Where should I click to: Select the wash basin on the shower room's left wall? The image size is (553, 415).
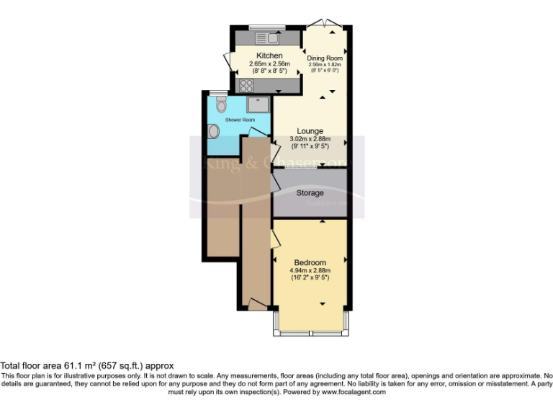pyautogui.click(x=214, y=131)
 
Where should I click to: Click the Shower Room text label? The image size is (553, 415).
pyautogui.click(x=240, y=120)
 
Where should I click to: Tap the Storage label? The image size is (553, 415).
pyautogui.click(x=310, y=193)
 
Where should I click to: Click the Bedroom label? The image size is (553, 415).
pyautogui.click(x=310, y=262)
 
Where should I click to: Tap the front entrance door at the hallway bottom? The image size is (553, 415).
pyautogui.click(x=256, y=305)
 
